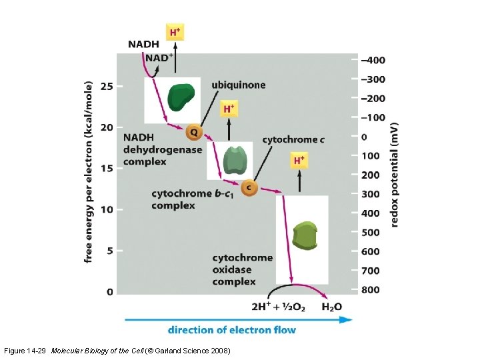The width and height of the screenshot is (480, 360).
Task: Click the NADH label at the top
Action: click(x=143, y=45)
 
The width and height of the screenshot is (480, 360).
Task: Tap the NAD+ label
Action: click(x=159, y=58)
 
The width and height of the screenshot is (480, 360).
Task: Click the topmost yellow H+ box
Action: click(x=175, y=32)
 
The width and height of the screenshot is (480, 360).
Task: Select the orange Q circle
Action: click(x=194, y=131)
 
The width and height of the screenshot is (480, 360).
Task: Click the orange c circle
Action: click(x=249, y=187)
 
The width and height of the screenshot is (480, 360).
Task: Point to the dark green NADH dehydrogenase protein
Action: click(x=181, y=98)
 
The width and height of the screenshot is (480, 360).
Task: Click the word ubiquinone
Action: click(x=238, y=85)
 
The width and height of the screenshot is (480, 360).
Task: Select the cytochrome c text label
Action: click(x=293, y=139)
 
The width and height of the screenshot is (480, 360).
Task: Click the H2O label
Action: click(x=331, y=307)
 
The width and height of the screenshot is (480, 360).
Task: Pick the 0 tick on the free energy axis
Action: click(x=109, y=291)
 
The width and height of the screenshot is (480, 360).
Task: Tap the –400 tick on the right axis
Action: click(x=373, y=60)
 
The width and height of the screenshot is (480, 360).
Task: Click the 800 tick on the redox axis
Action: click(x=371, y=290)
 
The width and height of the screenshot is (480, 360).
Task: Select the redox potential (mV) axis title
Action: click(x=395, y=175)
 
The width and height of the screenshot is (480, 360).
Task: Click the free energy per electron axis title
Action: click(x=89, y=172)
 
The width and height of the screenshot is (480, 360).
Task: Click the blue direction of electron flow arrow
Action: click(x=239, y=319)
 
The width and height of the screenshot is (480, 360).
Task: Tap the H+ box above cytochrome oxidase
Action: click(x=299, y=161)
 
